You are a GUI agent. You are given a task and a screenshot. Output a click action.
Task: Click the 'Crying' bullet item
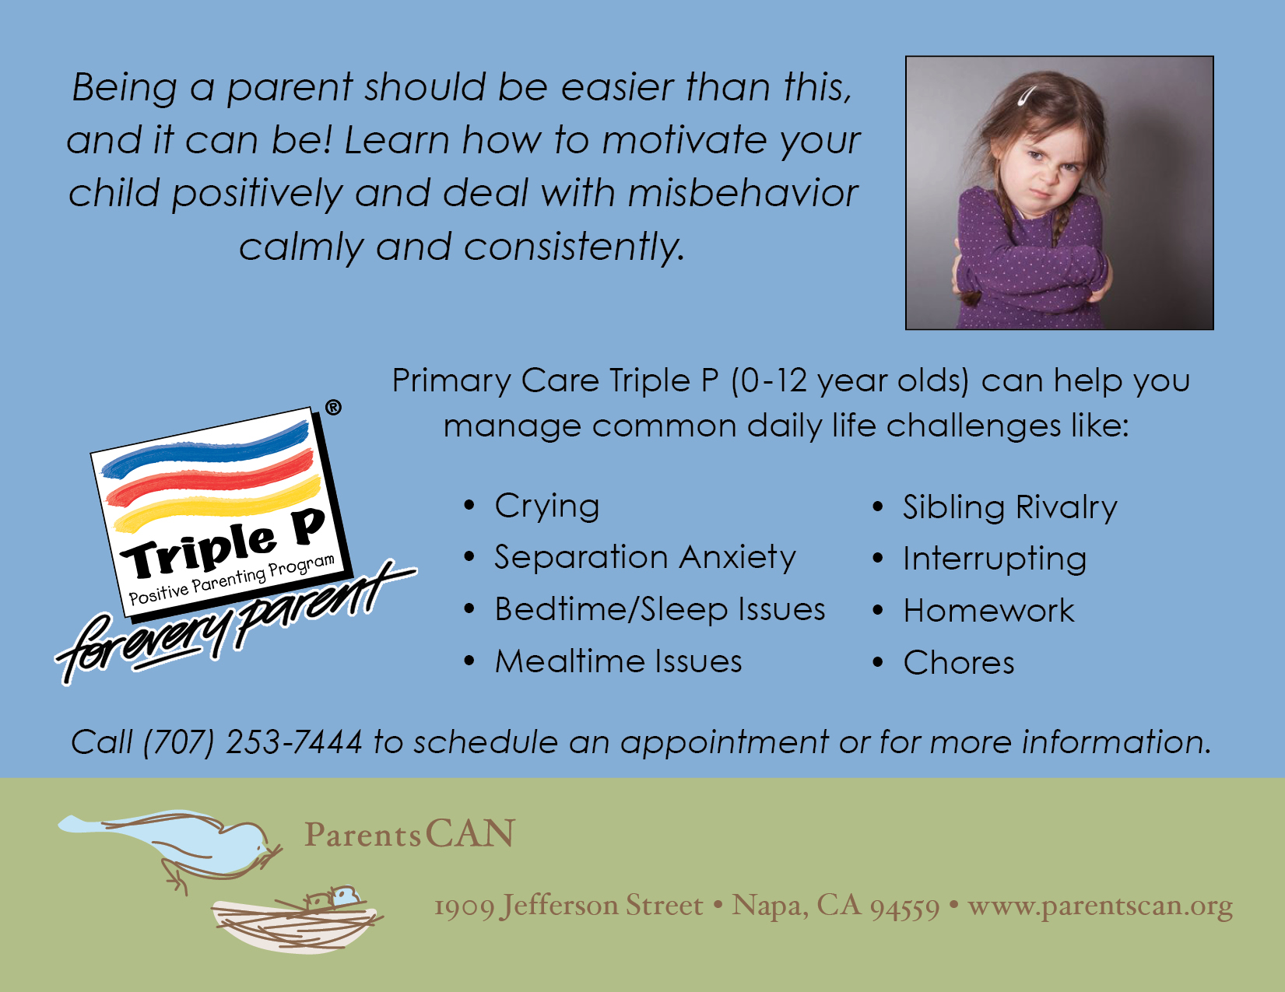pyautogui.click(x=547, y=507)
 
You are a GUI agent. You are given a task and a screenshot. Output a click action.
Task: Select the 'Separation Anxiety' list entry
pyautogui.click(x=645, y=558)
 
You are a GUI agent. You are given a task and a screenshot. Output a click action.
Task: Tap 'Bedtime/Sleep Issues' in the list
pyautogui.click(x=660, y=609)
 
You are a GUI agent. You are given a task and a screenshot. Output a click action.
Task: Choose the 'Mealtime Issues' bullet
pyautogui.click(x=619, y=661)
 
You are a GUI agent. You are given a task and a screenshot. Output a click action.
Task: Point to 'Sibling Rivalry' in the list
pyautogui.click(x=1010, y=508)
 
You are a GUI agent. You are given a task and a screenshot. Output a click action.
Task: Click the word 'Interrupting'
pyautogui.click(x=995, y=559)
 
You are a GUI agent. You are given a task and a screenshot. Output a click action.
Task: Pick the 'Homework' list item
pyautogui.click(x=988, y=610)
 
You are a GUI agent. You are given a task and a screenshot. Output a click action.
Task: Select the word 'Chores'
pyautogui.click(x=959, y=662)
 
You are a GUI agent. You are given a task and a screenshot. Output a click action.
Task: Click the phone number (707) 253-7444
pyautogui.click(x=252, y=742)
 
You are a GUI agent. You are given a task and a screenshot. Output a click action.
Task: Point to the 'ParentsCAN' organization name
pyautogui.click(x=410, y=833)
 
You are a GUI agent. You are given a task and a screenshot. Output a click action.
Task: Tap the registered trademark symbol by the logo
pyautogui.click(x=334, y=408)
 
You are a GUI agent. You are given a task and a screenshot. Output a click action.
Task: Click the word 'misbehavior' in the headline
pyautogui.click(x=743, y=193)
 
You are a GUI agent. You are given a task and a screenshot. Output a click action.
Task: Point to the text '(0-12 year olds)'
pyautogui.click(x=850, y=380)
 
